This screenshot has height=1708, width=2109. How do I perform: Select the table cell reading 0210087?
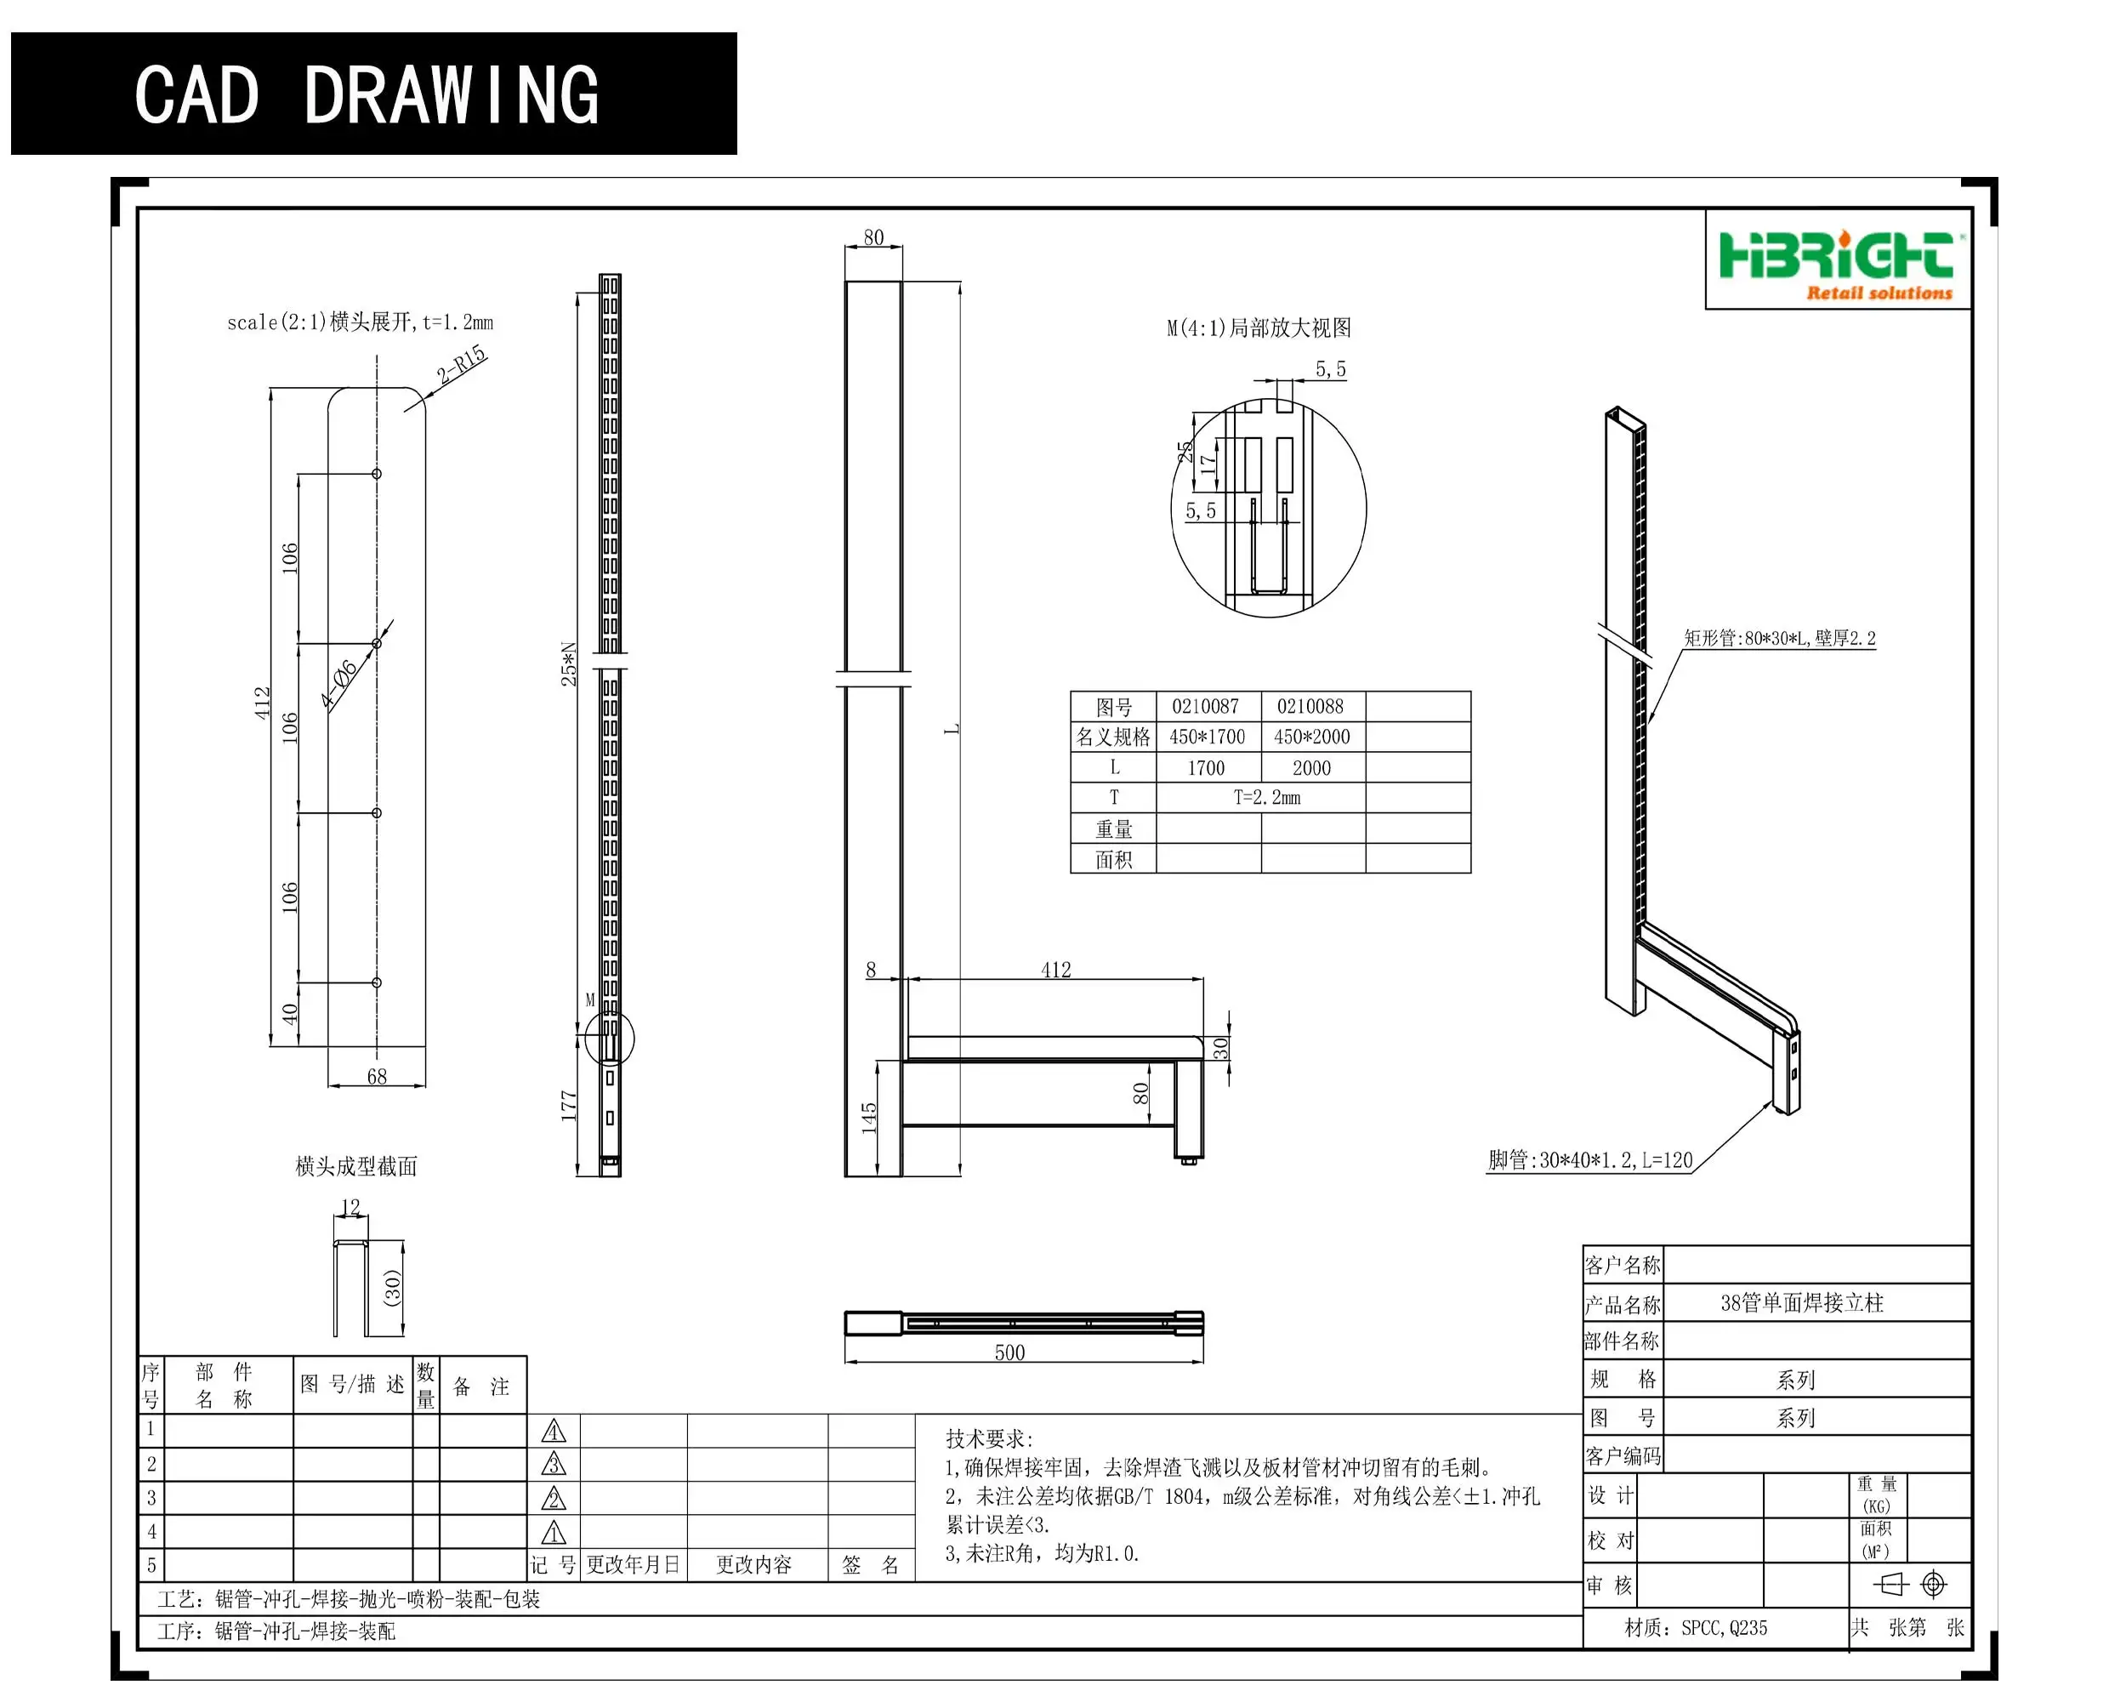pyautogui.click(x=1205, y=706)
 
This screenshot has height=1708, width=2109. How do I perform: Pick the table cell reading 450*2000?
pyautogui.click(x=1311, y=737)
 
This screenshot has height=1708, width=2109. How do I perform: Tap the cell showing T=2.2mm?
pyautogui.click(x=1266, y=798)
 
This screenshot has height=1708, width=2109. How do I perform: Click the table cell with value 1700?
pyautogui.click(x=1205, y=768)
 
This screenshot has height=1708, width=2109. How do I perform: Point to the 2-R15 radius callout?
pyautogui.click(x=461, y=364)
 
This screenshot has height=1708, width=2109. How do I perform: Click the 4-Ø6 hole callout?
pyautogui.click(x=339, y=685)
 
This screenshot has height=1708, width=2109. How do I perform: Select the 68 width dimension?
pyautogui.click(x=377, y=1076)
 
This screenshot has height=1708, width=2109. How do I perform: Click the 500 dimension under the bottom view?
pyautogui.click(x=1009, y=1352)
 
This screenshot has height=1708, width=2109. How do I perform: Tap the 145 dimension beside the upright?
pyautogui.click(x=868, y=1118)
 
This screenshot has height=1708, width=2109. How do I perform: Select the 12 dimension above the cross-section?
pyautogui.click(x=350, y=1207)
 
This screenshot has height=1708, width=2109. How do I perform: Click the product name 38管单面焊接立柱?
pyautogui.click(x=1801, y=1304)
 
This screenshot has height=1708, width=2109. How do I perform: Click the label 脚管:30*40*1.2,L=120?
pyautogui.click(x=1589, y=1161)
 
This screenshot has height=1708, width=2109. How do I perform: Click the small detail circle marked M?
pyautogui.click(x=609, y=1038)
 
